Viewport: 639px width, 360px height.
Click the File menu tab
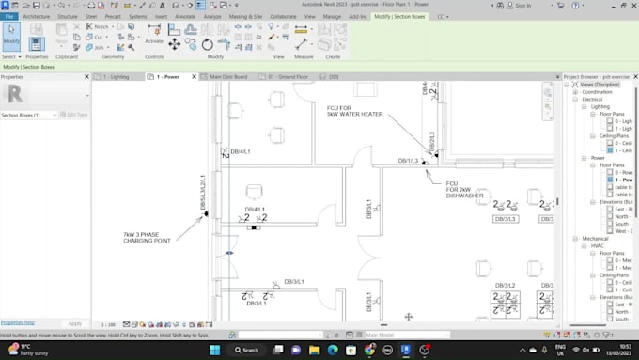(x=9, y=16)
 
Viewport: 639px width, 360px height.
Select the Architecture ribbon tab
(x=36, y=16)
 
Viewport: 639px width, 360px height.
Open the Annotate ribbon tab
(x=184, y=16)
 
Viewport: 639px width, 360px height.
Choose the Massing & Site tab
(x=245, y=16)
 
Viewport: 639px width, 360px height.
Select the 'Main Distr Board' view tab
(x=227, y=76)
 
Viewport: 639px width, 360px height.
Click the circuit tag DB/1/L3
(x=408, y=161)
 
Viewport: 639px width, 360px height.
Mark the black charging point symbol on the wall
(x=206, y=214)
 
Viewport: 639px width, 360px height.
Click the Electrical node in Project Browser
(x=592, y=99)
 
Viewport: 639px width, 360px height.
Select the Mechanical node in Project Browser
(x=595, y=238)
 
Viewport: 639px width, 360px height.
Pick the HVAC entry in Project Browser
(x=598, y=245)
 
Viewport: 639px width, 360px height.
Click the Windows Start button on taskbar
(x=214, y=350)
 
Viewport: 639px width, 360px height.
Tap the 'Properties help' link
(x=18, y=322)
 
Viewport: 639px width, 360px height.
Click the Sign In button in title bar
(x=522, y=6)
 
